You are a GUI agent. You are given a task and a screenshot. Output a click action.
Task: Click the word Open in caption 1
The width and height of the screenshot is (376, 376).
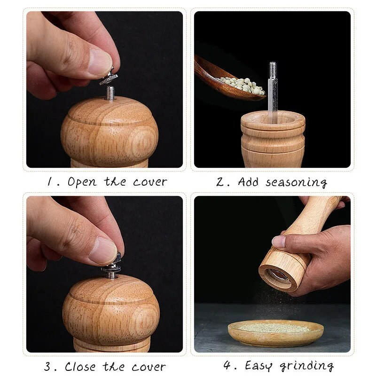(82, 182)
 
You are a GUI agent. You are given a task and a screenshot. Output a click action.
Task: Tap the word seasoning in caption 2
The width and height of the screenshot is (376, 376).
(297, 182)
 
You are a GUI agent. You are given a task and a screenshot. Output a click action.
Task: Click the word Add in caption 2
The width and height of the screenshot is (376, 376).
(249, 182)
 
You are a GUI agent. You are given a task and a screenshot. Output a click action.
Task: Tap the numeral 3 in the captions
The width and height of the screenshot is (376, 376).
(48, 367)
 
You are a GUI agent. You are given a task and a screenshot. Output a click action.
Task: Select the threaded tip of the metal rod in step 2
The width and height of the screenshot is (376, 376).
(273, 68)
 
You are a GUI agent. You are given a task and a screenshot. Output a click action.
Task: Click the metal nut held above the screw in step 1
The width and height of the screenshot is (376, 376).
(109, 78)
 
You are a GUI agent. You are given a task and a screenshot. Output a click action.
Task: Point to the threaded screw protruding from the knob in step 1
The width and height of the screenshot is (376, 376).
(110, 93)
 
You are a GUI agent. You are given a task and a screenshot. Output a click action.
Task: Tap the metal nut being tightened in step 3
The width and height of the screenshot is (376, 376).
(111, 266)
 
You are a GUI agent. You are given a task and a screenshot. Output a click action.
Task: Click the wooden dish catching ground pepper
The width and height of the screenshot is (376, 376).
(275, 333)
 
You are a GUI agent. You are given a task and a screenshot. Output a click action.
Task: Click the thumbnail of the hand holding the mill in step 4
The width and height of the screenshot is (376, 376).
(279, 242)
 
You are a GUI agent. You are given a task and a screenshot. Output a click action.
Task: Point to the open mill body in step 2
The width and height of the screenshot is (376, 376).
(273, 139)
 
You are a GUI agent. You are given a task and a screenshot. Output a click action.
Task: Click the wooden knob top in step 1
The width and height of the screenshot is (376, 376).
(110, 132)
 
